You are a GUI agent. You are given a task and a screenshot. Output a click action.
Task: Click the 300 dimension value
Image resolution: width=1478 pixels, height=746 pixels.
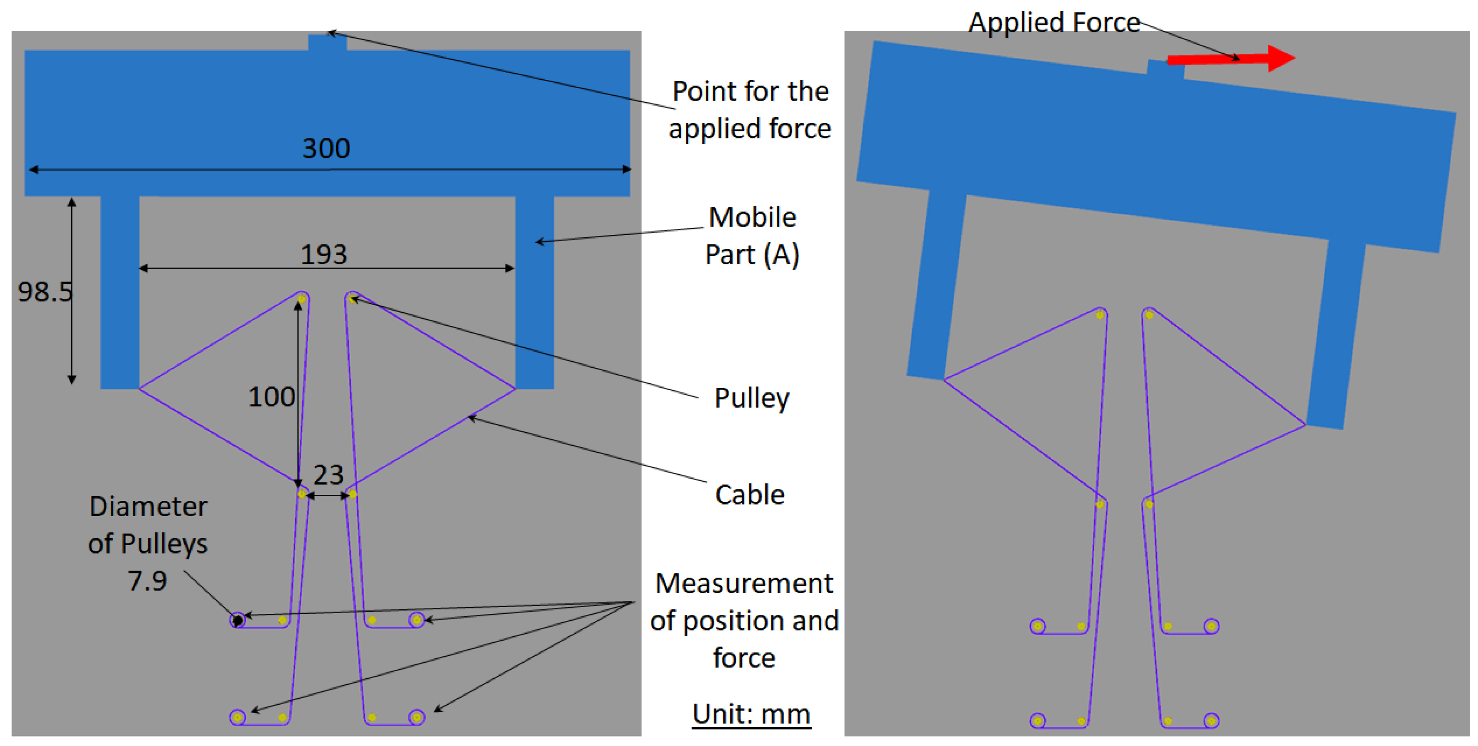[x=326, y=149]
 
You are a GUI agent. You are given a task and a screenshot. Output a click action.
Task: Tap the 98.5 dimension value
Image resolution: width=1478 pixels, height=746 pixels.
[x=45, y=292]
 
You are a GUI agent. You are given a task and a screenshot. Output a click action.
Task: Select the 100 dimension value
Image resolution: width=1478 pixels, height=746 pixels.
[x=271, y=397]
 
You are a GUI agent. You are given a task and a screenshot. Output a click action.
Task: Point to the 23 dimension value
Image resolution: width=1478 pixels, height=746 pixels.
[x=328, y=475]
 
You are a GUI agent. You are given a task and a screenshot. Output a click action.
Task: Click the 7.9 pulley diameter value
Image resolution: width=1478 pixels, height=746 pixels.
[x=147, y=581]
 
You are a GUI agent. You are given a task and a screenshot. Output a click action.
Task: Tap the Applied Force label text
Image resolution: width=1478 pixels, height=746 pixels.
[x=1054, y=23]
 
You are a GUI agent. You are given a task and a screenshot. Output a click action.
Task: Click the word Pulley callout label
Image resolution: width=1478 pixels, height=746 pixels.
[x=751, y=398]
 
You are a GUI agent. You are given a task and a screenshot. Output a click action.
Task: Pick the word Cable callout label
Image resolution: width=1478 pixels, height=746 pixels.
[x=749, y=495]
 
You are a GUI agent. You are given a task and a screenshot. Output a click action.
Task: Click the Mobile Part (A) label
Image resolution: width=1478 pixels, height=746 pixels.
[x=751, y=236]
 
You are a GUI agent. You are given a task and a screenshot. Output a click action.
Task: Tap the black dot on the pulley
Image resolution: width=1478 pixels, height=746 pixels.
[x=237, y=620]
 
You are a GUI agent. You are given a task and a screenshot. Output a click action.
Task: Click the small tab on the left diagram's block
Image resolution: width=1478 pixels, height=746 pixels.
[x=327, y=42]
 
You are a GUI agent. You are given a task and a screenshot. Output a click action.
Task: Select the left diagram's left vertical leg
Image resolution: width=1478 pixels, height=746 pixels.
[x=120, y=292]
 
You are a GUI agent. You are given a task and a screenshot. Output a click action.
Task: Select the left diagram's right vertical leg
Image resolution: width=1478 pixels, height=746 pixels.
[x=534, y=292]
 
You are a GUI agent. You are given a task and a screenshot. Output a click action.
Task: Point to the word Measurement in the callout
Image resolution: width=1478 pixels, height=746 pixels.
[x=744, y=584]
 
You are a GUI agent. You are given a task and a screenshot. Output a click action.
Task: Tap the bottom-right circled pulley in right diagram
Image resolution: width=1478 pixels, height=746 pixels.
[x=1211, y=720]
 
